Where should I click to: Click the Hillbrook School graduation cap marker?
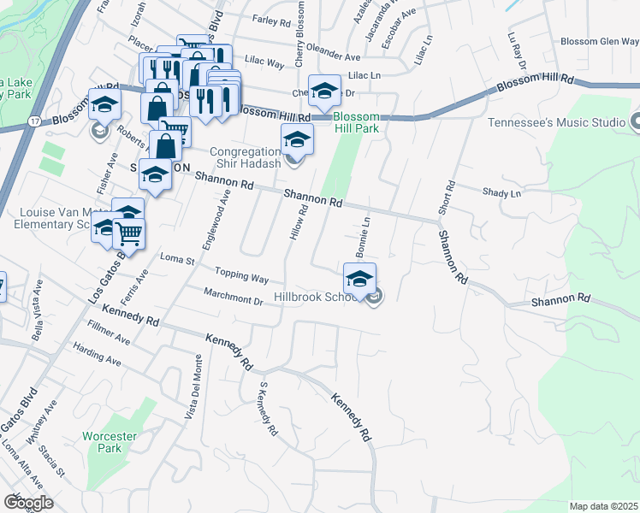pyautogui.click(x=359, y=278)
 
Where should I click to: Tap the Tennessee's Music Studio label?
pyautogui.click(x=556, y=122)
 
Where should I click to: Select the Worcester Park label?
pyautogui.click(x=110, y=442)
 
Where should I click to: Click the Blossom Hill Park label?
pyautogui.click(x=356, y=122)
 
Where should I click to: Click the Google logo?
pyautogui.click(x=28, y=502)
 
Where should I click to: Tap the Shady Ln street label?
pyautogui.click(x=501, y=194)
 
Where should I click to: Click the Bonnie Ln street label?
pyautogui.click(x=362, y=238)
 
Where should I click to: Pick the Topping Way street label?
pyautogui.click(x=242, y=277)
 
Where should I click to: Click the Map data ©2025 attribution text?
pyautogui.click(x=604, y=506)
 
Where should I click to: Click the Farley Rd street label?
pyautogui.click(x=272, y=19)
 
